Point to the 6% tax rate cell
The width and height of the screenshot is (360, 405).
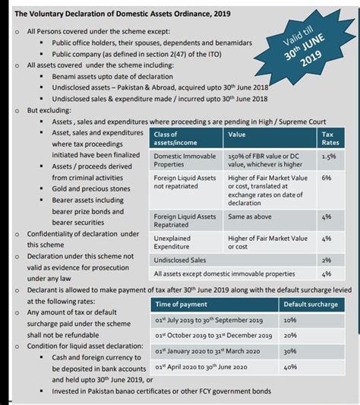pos(327,178)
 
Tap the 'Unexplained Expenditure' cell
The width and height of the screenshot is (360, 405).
pos(179,242)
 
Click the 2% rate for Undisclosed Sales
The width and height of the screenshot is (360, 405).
pos(327,260)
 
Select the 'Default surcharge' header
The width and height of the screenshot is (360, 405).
pos(311,304)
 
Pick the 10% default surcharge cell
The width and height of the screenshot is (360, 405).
pos(290,321)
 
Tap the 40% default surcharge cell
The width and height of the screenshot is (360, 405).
pos(290,367)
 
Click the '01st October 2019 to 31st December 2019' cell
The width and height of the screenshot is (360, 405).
pos(213,335)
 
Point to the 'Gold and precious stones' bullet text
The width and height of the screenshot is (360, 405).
pos(91,188)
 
